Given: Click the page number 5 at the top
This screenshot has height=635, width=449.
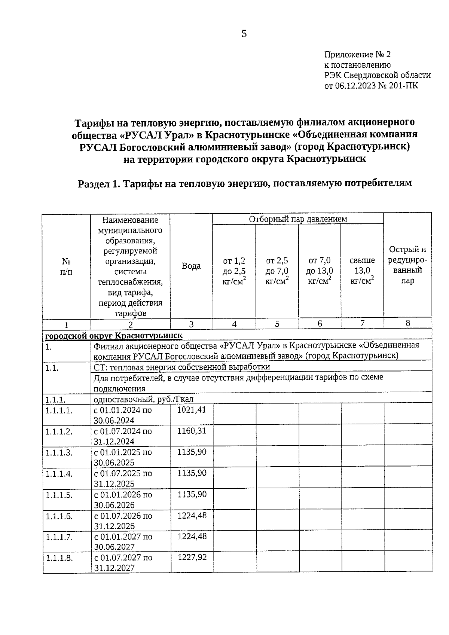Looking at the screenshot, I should point(244,34).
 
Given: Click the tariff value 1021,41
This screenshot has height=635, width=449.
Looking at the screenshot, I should point(192,410).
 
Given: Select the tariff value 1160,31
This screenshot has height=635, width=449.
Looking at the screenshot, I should point(192,431).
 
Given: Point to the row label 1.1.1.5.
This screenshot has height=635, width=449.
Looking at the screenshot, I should point(59,495).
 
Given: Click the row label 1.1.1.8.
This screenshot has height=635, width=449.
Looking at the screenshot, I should point(59,558).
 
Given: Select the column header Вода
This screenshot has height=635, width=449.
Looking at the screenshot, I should point(191,266).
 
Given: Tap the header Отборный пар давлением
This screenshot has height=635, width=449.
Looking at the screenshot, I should point(298,219).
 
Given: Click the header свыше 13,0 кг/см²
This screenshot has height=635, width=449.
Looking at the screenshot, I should point(362,271).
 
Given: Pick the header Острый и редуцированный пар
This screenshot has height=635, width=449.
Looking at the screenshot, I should point(407,265).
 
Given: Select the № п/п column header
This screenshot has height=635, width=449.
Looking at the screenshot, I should point(66,266).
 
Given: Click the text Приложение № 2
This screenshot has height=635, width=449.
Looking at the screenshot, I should point(357,55).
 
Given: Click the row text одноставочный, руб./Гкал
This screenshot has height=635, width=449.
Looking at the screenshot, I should point(143,399).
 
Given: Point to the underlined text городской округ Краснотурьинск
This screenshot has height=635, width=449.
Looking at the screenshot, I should point(114,335).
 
